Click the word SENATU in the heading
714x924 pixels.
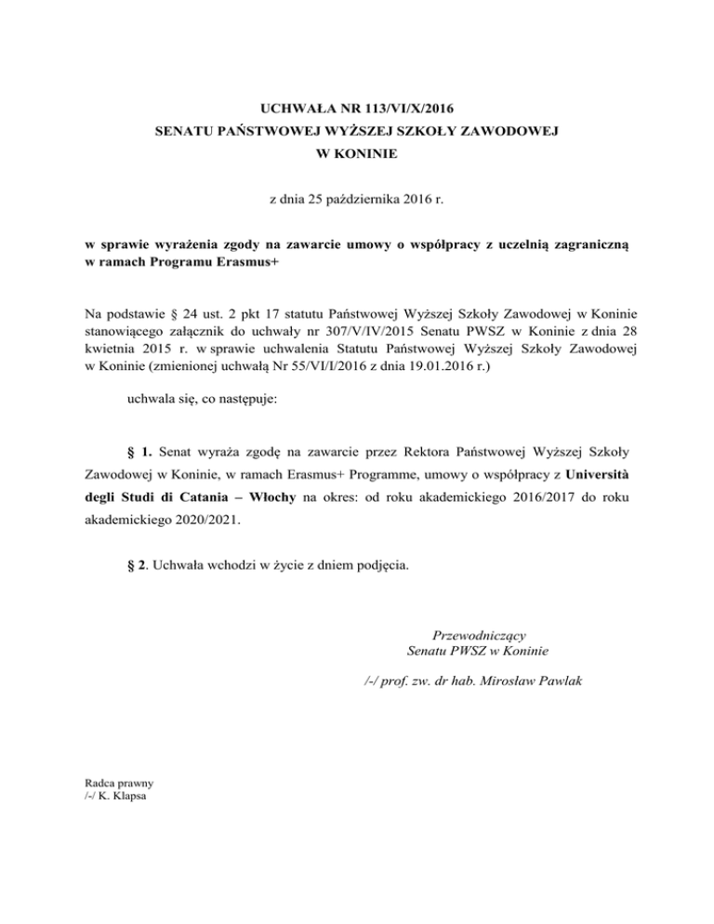184,133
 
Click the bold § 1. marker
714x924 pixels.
139,454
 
